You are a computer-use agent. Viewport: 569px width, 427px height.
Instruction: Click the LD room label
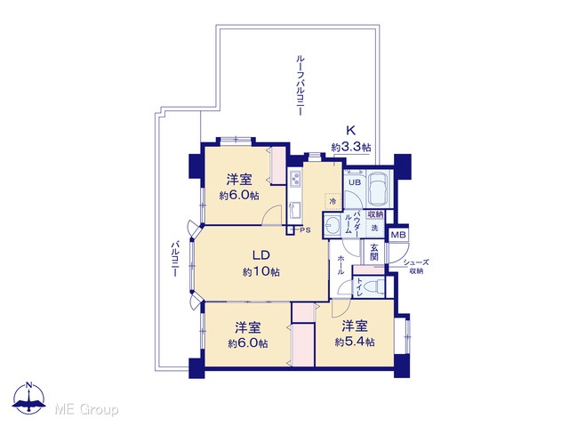261,255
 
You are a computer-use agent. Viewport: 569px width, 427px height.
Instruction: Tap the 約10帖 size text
261,271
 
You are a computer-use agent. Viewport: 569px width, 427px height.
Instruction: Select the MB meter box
398,235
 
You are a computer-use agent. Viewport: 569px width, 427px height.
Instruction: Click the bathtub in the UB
379,189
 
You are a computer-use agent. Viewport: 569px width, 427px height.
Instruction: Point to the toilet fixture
374,286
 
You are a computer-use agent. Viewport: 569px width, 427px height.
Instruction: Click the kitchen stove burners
295,178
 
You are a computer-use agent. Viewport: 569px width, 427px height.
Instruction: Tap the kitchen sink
294,210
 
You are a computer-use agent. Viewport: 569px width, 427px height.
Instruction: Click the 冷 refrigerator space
333,201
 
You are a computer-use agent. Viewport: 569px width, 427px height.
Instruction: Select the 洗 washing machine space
375,228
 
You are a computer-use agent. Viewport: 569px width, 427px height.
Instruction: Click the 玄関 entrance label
374,253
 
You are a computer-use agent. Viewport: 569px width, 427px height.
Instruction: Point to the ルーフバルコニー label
300,85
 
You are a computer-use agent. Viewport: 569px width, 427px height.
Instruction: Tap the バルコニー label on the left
175,259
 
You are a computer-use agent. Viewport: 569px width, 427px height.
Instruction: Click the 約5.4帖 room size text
355,342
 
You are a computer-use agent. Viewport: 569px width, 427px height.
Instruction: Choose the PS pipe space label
305,230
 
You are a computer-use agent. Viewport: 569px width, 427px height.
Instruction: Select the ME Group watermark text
86,409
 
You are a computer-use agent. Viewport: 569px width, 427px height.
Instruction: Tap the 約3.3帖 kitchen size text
351,148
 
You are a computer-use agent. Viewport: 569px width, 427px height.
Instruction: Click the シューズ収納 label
416,267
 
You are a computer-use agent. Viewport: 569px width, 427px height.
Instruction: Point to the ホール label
341,264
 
